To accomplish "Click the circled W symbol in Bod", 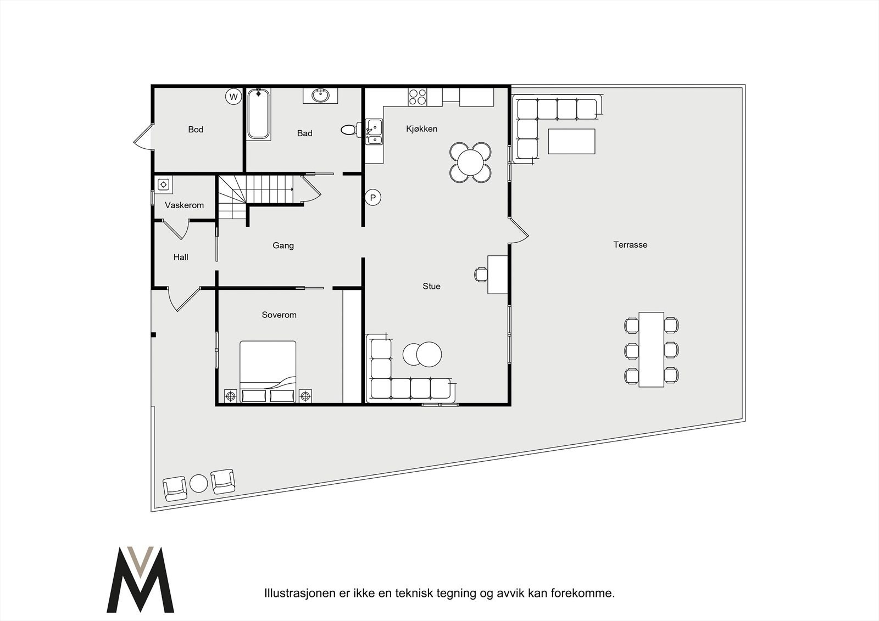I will click(x=233, y=97).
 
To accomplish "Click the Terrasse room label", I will click(x=630, y=245).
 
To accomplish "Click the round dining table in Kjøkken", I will click(x=471, y=162).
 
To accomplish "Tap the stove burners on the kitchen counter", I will click(x=417, y=97).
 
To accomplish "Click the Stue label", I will click(x=431, y=286).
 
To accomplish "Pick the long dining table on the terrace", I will click(x=652, y=349).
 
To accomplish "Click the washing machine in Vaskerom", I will click(x=164, y=184).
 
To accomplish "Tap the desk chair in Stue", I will click(x=481, y=274).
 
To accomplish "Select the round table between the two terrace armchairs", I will click(x=198, y=484).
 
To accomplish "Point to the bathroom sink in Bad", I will click(x=320, y=96).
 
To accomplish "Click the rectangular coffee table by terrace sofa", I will click(x=571, y=142).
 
